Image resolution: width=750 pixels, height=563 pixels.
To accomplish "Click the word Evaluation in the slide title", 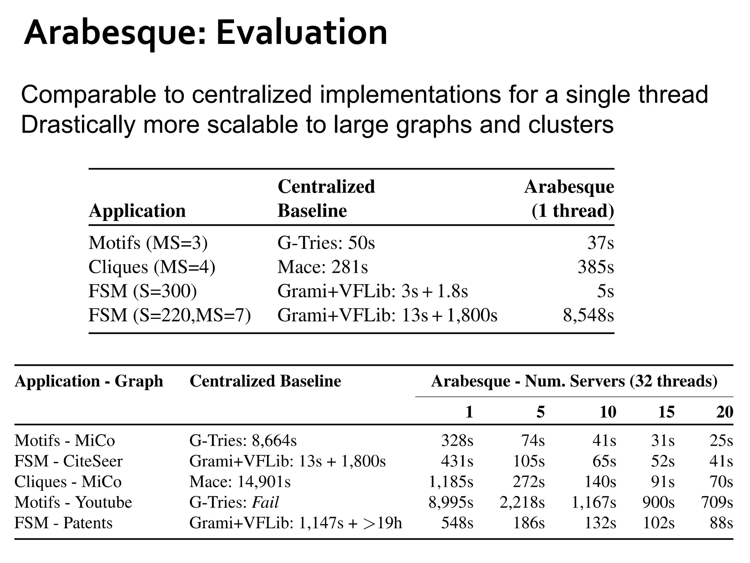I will [x=301, y=33].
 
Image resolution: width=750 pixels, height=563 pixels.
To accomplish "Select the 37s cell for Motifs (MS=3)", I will [x=601, y=243].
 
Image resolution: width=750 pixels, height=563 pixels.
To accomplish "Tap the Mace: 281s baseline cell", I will [x=323, y=267].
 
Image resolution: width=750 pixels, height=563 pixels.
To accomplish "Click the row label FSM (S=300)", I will [x=143, y=291].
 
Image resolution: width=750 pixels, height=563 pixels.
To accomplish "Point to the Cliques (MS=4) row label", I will [x=152, y=267].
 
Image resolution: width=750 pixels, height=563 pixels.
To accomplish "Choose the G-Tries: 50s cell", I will [x=326, y=243].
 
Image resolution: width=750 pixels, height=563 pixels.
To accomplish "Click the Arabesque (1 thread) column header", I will [x=569, y=199].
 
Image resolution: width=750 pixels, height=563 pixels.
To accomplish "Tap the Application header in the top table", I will [x=137, y=211].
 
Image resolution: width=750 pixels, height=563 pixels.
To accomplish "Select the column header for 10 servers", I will [x=608, y=412].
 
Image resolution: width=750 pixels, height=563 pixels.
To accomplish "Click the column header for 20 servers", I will [x=725, y=412].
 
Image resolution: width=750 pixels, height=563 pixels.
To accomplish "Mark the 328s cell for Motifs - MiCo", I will [x=457, y=441].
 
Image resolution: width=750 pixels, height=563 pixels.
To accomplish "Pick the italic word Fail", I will [x=266, y=502].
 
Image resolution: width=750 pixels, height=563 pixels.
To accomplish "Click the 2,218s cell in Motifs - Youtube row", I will [x=522, y=502].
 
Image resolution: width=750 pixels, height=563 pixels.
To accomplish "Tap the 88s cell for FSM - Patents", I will [x=721, y=523].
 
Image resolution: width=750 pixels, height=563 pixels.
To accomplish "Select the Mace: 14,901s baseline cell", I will [x=240, y=482].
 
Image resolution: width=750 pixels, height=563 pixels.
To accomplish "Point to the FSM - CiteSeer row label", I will [x=68, y=461].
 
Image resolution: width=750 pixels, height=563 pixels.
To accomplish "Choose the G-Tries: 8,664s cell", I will [x=243, y=441].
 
